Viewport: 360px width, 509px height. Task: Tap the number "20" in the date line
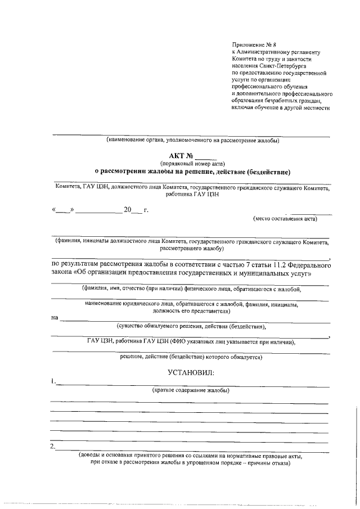point(127,210)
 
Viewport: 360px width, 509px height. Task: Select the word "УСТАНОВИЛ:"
point(191,372)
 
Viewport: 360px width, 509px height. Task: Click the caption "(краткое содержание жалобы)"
point(191,390)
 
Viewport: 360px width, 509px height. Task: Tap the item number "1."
point(52,382)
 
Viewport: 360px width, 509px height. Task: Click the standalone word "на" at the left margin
point(55,318)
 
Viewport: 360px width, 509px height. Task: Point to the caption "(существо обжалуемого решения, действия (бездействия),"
point(191,326)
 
